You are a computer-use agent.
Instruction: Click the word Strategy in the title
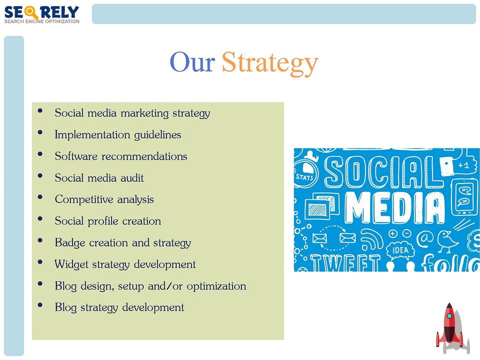pyautogui.click(x=269, y=63)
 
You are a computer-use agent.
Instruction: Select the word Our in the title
pyautogui.click(x=192, y=63)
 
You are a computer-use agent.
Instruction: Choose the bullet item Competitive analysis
pyautogui.click(x=104, y=199)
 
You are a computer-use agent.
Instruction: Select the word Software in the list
pyautogui.click(x=76, y=156)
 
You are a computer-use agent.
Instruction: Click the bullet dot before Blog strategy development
pyautogui.click(x=40, y=306)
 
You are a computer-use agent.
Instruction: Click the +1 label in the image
pyautogui.click(x=463, y=165)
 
